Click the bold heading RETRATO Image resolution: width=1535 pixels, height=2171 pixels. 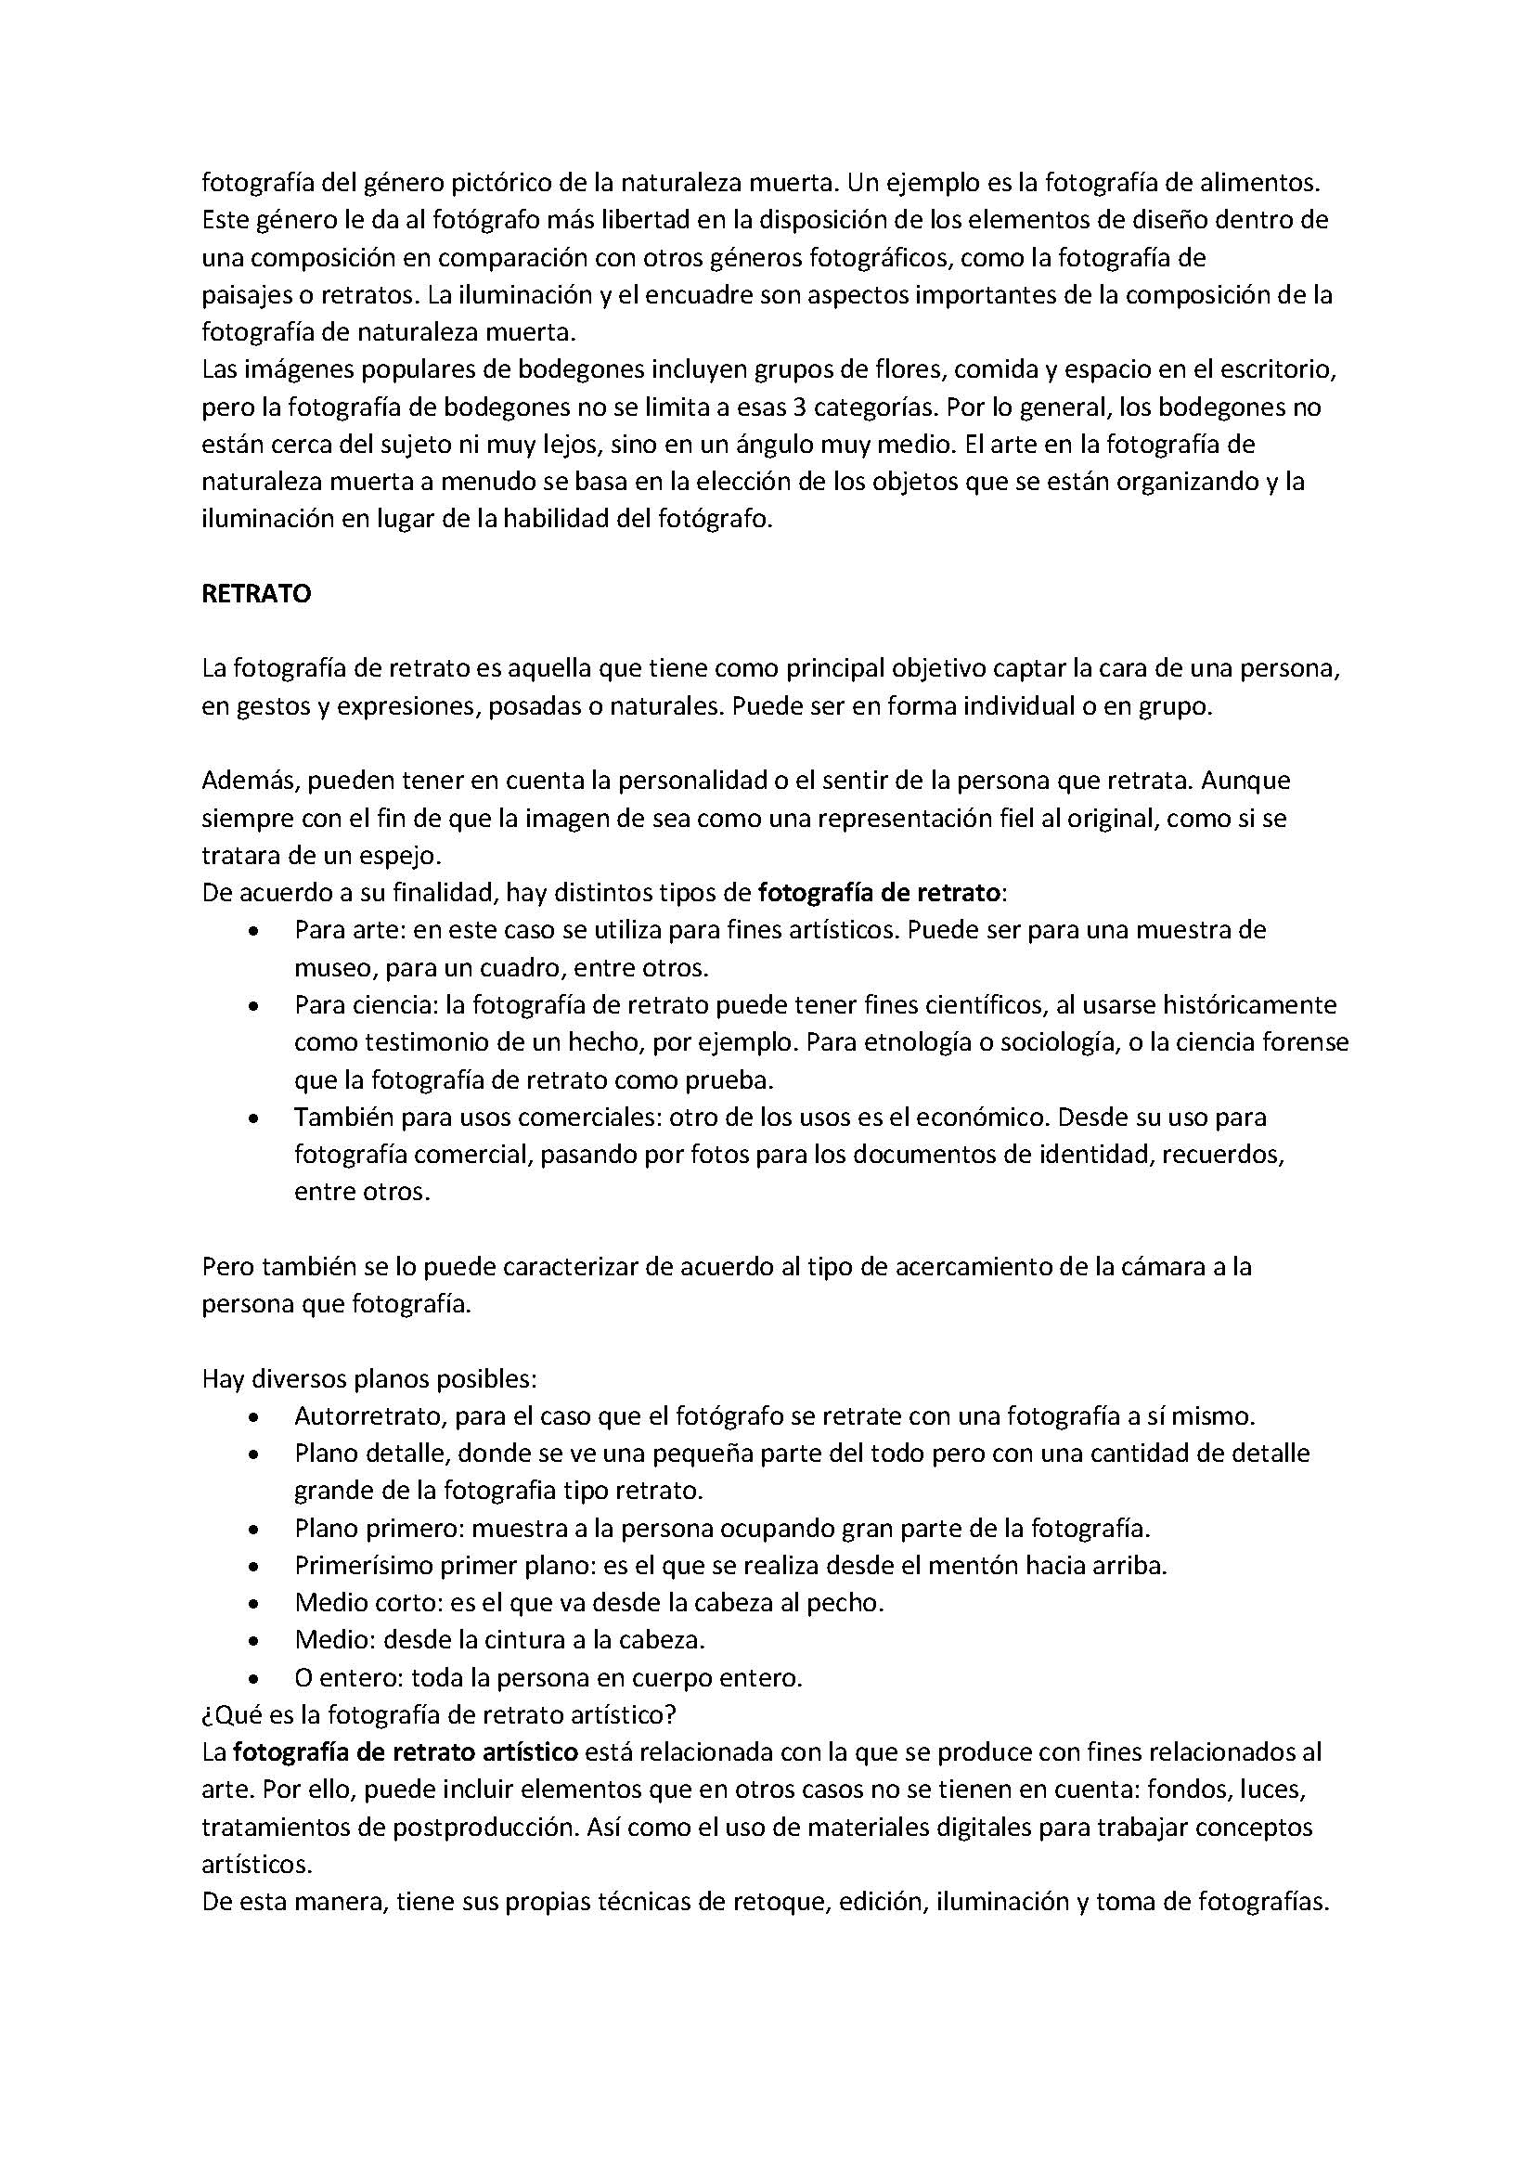pos(256,594)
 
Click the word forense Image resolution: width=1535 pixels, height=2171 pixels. pos(1307,1042)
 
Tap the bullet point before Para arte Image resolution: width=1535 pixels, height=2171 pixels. pos(252,931)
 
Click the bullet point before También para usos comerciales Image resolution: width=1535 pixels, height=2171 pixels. pos(252,1118)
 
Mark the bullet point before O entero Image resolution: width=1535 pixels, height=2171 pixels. pos(252,1678)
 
